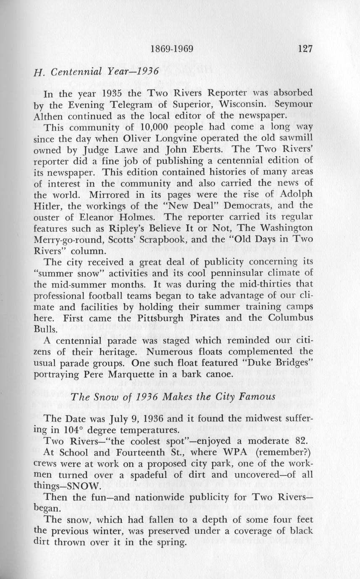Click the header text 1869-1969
pos(171,49)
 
